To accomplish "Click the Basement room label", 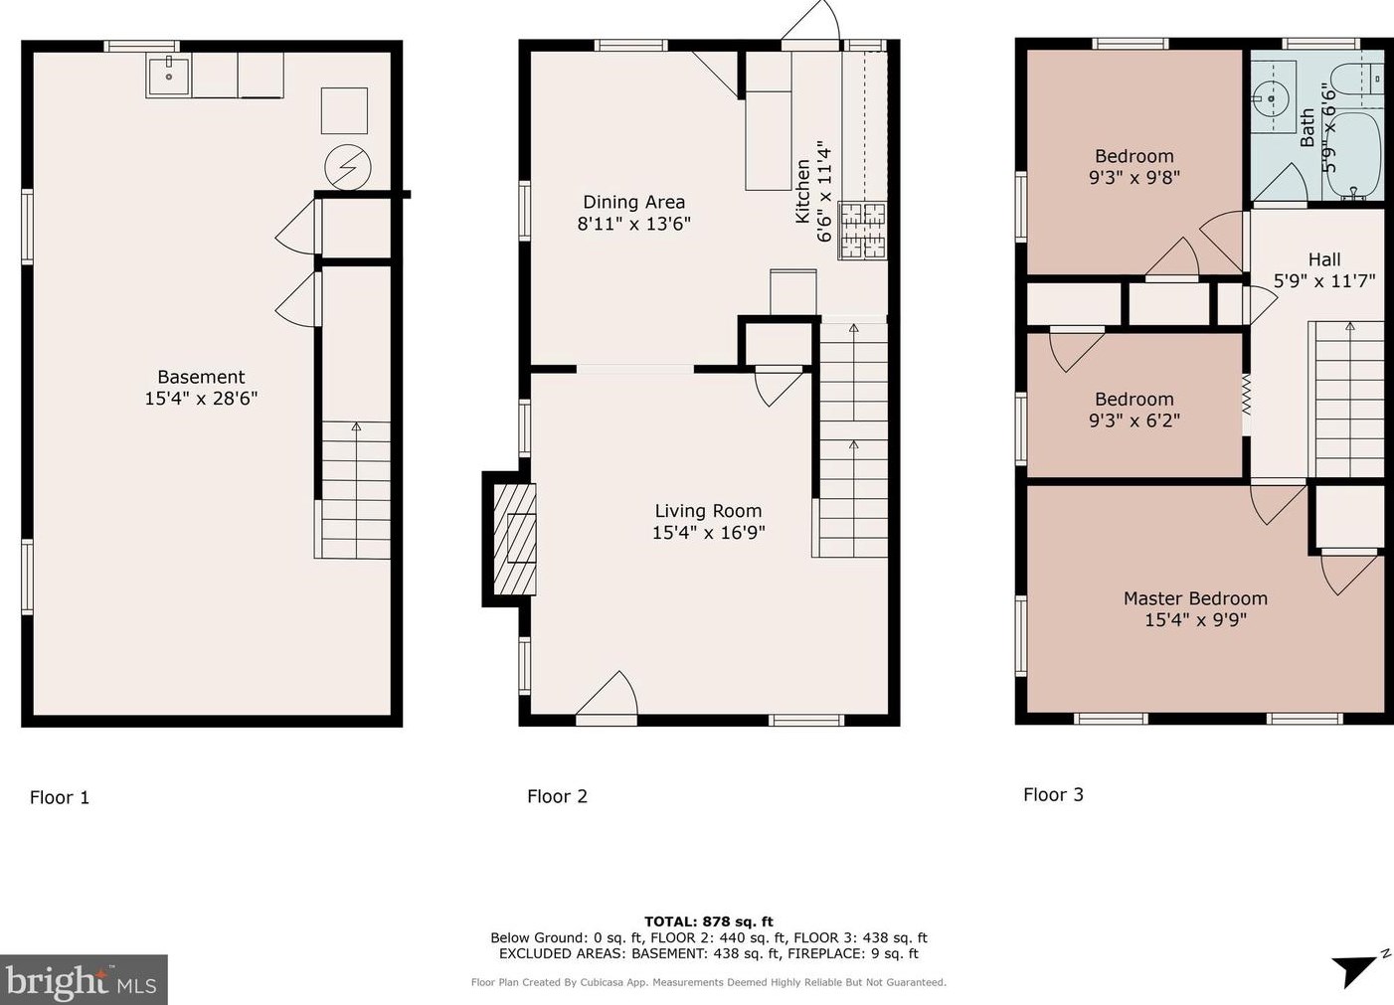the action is (x=201, y=377).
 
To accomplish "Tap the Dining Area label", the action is (x=633, y=202).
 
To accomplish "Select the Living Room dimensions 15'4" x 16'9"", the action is (x=708, y=533).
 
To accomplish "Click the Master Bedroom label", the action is (x=1195, y=598).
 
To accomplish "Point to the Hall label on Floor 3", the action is (x=1324, y=258).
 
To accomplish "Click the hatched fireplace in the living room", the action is (x=514, y=539).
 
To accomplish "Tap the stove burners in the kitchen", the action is (x=862, y=231).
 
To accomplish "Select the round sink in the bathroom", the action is (x=1270, y=99).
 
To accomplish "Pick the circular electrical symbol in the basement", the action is (x=348, y=167).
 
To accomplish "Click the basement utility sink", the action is (x=169, y=75).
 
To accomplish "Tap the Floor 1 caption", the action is (x=60, y=797).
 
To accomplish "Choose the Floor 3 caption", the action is (x=1054, y=794).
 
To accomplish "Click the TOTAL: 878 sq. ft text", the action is (x=708, y=921).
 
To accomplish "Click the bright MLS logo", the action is (x=84, y=980).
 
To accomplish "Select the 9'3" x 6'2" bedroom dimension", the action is (x=1133, y=420).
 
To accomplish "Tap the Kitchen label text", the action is (x=802, y=191).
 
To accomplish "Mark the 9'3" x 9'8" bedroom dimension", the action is (x=1133, y=178).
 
